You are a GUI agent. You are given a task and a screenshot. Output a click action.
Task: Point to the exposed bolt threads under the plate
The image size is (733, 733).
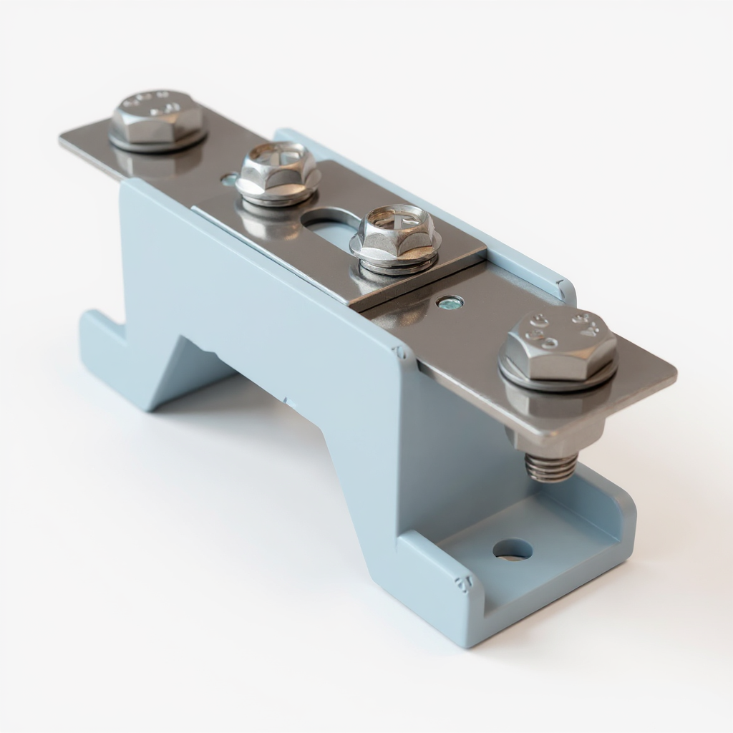(550, 467)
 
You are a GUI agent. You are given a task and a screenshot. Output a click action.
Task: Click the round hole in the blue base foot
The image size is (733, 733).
(513, 549)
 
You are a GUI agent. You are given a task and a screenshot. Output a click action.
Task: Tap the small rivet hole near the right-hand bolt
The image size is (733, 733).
(450, 303)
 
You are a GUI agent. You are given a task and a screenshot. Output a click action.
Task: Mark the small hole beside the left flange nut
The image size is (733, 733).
(228, 179)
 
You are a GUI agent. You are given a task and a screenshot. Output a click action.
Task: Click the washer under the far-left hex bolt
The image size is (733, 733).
(157, 142)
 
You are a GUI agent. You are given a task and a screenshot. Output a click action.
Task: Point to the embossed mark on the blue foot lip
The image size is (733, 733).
(463, 583)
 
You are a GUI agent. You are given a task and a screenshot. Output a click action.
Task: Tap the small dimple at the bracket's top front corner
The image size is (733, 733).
(401, 352)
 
